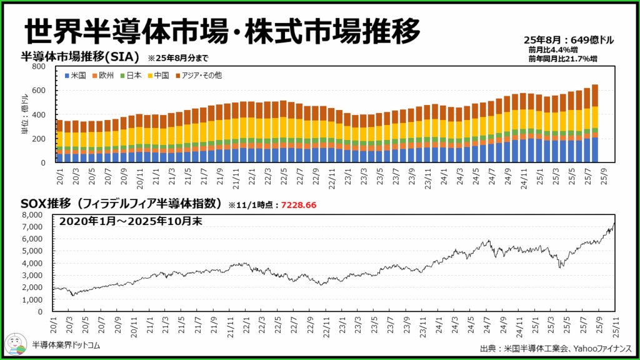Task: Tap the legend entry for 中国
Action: [x=159, y=76]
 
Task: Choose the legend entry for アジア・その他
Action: [x=197, y=76]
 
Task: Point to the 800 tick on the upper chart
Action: [x=39, y=66]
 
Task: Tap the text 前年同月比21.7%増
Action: [x=562, y=59]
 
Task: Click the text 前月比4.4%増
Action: [x=553, y=50]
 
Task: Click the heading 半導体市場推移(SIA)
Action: [x=80, y=57]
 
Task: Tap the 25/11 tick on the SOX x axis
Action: [x=617, y=324]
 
